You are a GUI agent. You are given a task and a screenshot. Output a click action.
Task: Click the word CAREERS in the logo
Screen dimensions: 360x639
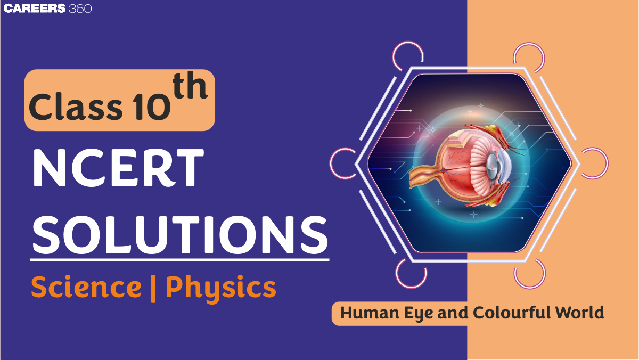(x=35, y=9)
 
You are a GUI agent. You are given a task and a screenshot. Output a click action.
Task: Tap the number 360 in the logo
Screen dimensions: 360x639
(x=80, y=9)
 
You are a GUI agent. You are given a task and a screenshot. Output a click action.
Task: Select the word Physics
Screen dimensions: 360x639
(x=220, y=288)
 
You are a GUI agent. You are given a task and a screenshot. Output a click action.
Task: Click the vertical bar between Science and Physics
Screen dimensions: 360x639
(x=153, y=288)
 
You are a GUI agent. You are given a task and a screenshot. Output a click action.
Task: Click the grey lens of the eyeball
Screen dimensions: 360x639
(x=493, y=163)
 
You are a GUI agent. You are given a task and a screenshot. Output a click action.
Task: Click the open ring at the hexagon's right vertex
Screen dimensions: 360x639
(x=593, y=162)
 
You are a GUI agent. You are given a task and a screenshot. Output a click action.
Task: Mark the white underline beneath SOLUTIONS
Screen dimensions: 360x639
(x=179, y=260)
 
